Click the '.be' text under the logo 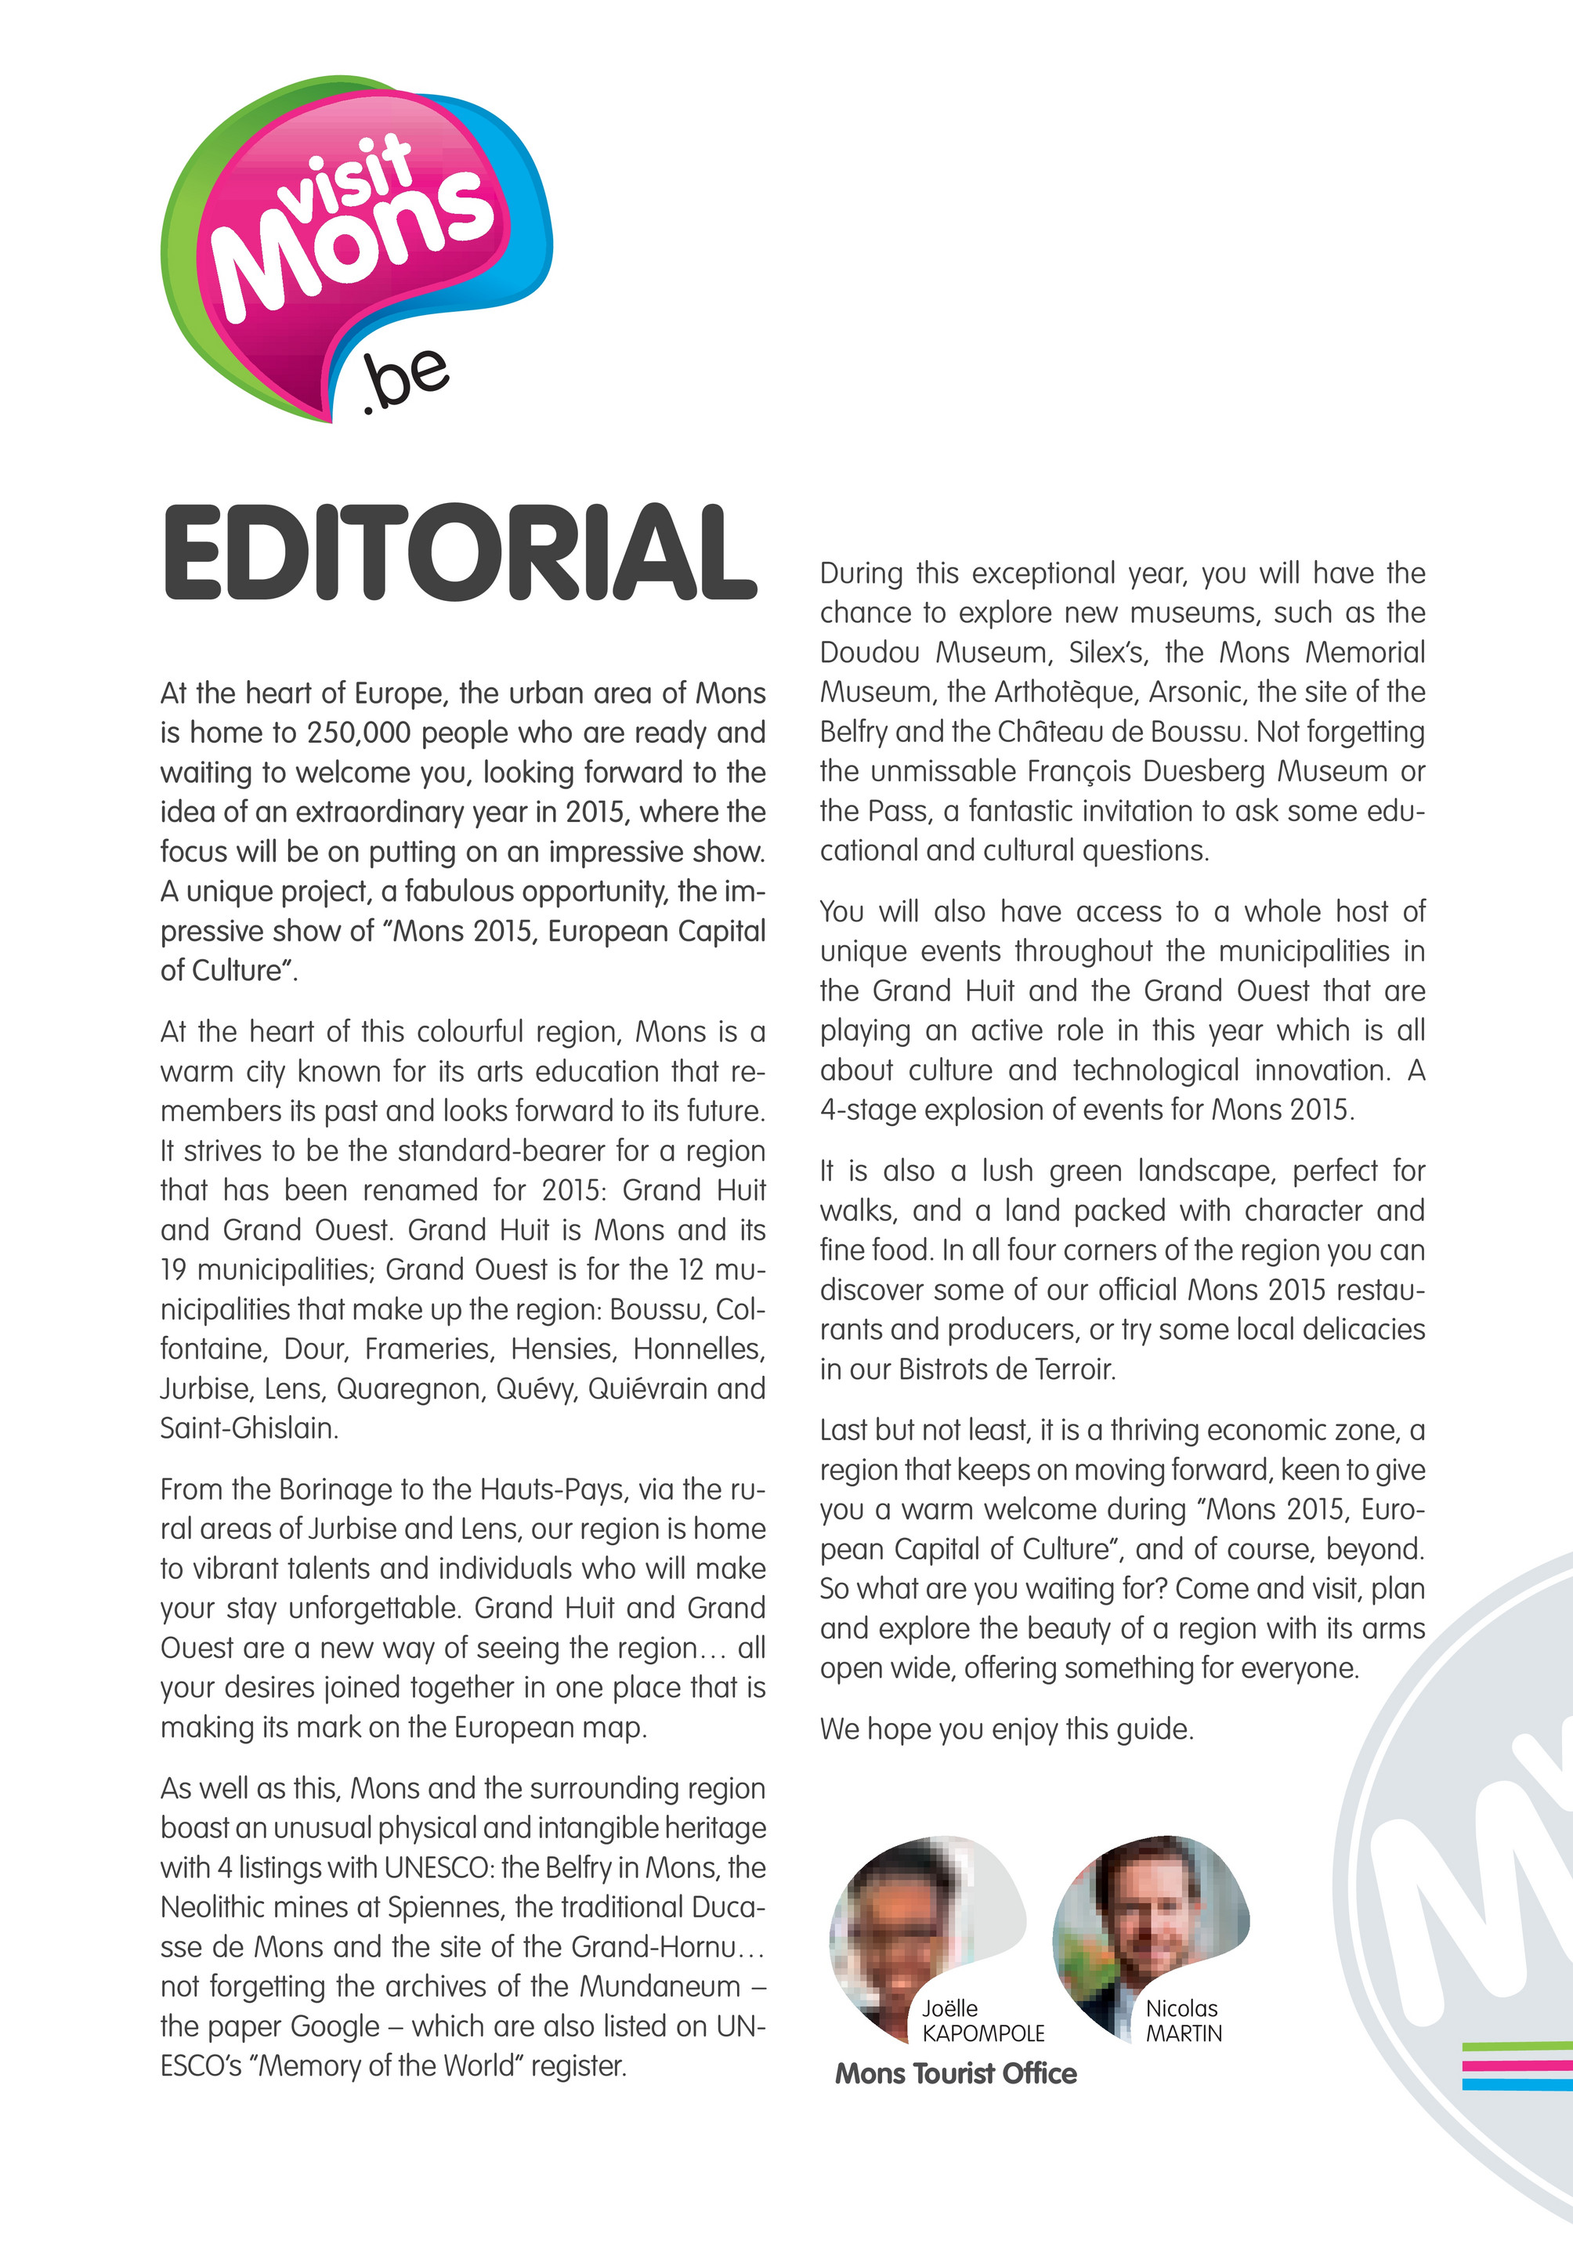coord(405,380)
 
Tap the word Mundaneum coord(660,1986)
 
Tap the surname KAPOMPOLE coord(983,2033)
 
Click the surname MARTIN coord(1184,2033)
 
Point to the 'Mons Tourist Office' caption coord(956,2074)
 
